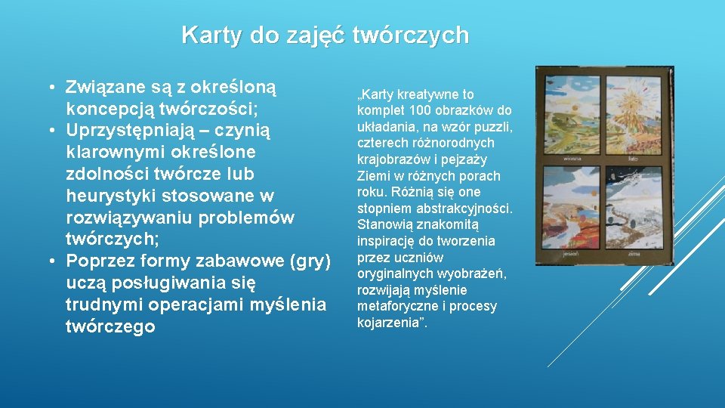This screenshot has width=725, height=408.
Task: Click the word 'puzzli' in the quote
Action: [494, 127]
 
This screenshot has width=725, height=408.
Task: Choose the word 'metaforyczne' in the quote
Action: [393, 307]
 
